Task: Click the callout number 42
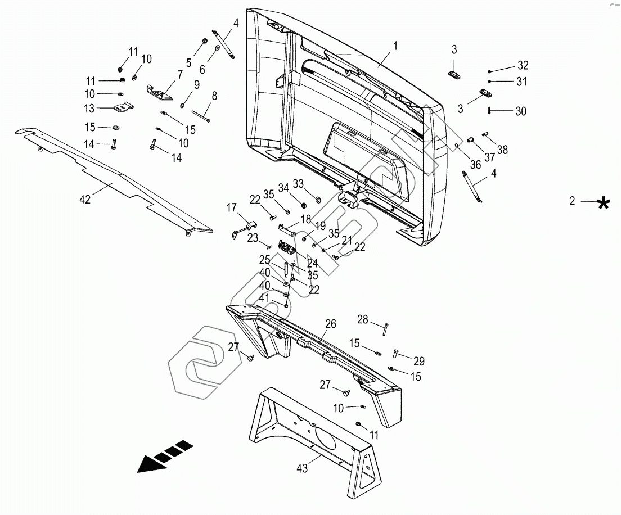85,200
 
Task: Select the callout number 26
330,323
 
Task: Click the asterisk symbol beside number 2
604,202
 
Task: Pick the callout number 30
521,111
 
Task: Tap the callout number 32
523,65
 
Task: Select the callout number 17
231,207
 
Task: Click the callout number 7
179,74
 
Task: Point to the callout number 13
89,108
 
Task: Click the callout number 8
214,96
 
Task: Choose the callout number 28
363,320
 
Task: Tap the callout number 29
419,361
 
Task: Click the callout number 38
502,150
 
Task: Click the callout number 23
253,237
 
